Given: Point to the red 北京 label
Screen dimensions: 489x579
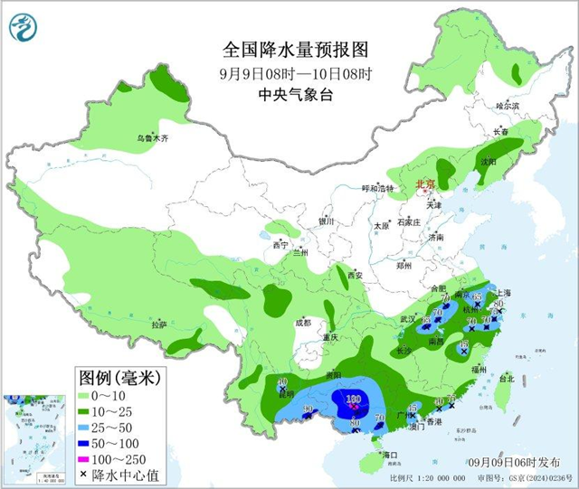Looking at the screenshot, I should pyautogui.click(x=423, y=184).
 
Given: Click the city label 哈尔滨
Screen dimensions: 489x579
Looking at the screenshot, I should pyautogui.click(x=508, y=106).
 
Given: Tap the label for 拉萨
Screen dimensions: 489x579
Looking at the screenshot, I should pyautogui.click(x=159, y=324).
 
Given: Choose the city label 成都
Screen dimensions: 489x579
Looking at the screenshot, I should pyautogui.click(x=302, y=322).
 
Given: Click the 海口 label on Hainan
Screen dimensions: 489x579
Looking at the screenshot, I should pyautogui.click(x=390, y=454).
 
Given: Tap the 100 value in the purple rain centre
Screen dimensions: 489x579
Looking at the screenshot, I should pyautogui.click(x=352, y=400).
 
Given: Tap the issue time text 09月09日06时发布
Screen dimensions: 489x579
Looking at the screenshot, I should pyautogui.click(x=520, y=463).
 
